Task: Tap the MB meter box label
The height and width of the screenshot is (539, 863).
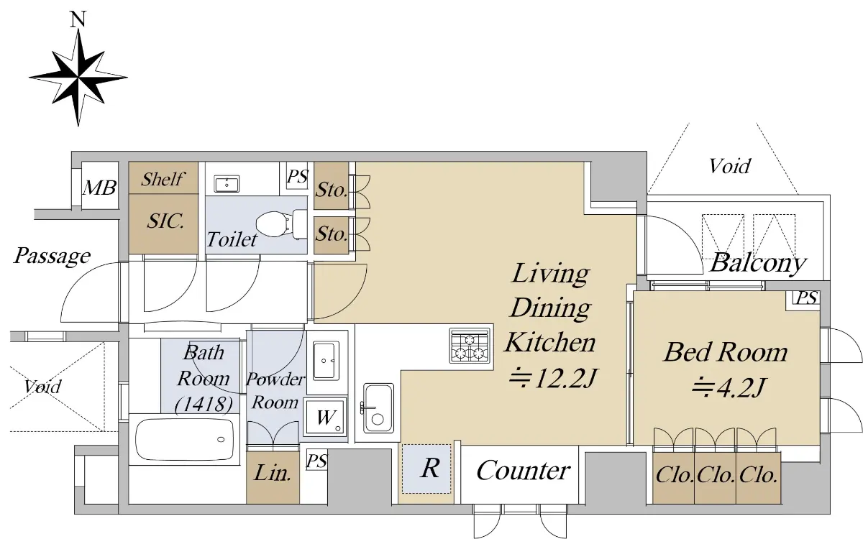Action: tap(99, 188)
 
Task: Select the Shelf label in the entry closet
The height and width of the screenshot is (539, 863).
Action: tap(163, 179)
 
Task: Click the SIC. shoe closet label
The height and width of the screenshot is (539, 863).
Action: tap(165, 221)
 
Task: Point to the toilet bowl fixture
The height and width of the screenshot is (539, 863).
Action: tap(281, 224)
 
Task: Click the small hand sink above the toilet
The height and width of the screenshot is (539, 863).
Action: tap(227, 185)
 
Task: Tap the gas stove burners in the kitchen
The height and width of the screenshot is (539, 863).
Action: tap(470, 346)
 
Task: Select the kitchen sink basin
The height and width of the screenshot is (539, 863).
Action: tap(378, 408)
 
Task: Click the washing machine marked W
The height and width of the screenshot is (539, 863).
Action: tap(325, 418)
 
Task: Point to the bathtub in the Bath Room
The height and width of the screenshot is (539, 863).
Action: tap(185, 440)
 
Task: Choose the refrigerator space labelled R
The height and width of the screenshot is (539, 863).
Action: tap(426, 469)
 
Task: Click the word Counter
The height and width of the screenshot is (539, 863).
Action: tap(524, 471)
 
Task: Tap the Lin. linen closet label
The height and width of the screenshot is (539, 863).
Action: tap(273, 473)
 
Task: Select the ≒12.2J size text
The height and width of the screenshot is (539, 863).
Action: tap(553, 378)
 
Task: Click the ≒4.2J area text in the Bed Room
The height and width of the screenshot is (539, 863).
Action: tap(727, 387)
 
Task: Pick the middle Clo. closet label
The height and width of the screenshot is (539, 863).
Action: tap(716, 475)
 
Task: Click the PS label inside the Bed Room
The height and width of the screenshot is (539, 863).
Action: tap(806, 298)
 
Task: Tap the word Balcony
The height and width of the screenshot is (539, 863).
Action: tap(758, 263)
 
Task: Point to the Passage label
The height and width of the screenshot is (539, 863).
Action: tap(52, 256)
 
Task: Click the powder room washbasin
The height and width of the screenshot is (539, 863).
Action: tap(326, 361)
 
